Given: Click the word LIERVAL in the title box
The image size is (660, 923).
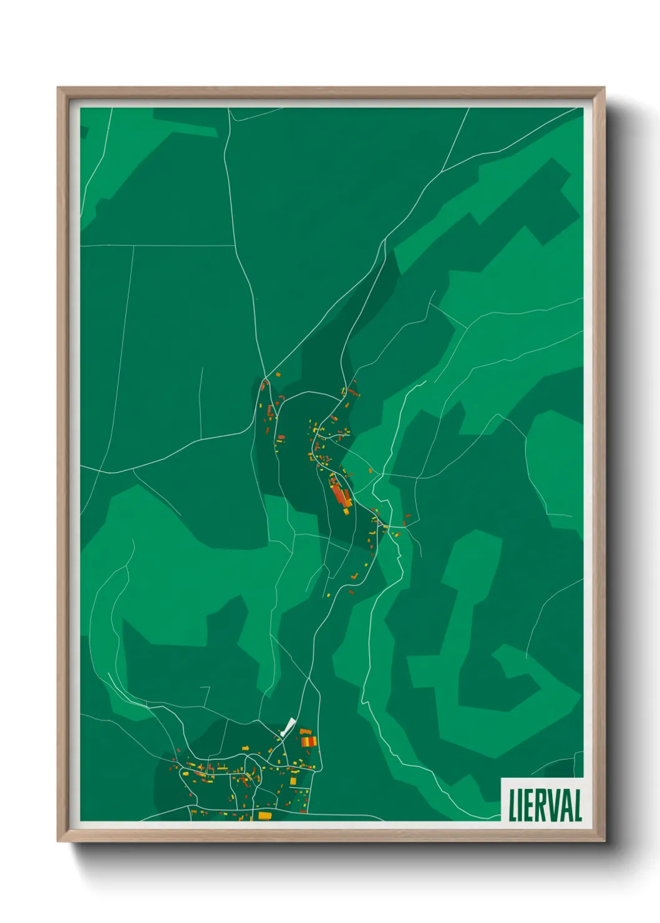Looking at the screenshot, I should coord(545,805).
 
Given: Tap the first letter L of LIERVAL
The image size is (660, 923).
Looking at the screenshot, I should coord(513,805).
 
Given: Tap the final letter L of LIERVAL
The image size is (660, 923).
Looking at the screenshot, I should coord(578,805).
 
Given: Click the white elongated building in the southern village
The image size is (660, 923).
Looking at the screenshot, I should coord(288,727).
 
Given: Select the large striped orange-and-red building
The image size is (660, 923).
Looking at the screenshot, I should coord(309,741).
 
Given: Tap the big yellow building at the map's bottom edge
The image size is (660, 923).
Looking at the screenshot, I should coord(264,815).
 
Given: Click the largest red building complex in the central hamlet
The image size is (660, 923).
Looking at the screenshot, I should coord(341,495).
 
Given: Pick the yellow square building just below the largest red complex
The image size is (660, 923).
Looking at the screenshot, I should coord(346,511).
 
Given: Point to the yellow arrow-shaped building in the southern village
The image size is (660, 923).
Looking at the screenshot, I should coord(293,781).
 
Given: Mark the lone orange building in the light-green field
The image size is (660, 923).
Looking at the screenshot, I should coord(371,471).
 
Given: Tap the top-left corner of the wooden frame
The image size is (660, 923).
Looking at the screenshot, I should coord(58,88).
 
